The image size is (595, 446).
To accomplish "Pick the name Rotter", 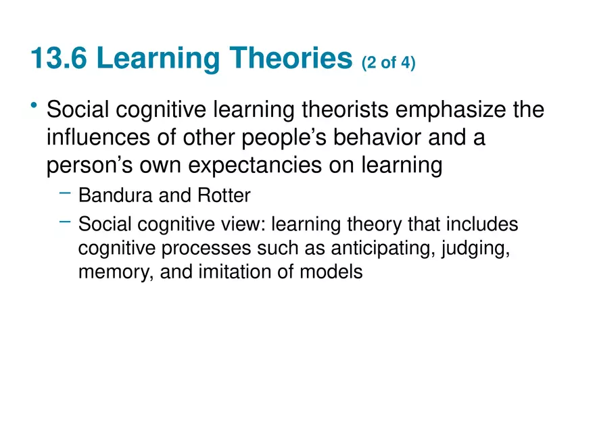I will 224,196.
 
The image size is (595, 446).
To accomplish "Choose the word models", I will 333,272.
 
